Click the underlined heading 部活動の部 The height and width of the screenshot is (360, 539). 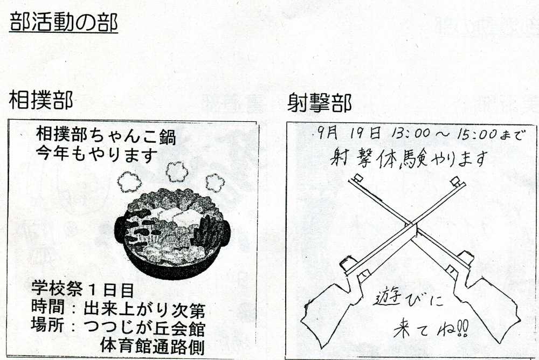64,23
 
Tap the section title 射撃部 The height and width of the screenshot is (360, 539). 319,102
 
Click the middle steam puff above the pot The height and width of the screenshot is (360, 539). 177,171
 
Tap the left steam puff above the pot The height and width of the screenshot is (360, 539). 129,182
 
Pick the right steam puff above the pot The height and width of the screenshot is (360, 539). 215,183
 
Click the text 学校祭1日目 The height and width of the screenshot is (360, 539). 82,289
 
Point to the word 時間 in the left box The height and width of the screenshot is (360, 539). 48,307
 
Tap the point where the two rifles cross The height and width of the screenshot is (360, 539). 412,230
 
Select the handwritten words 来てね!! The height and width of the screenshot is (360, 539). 430,330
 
